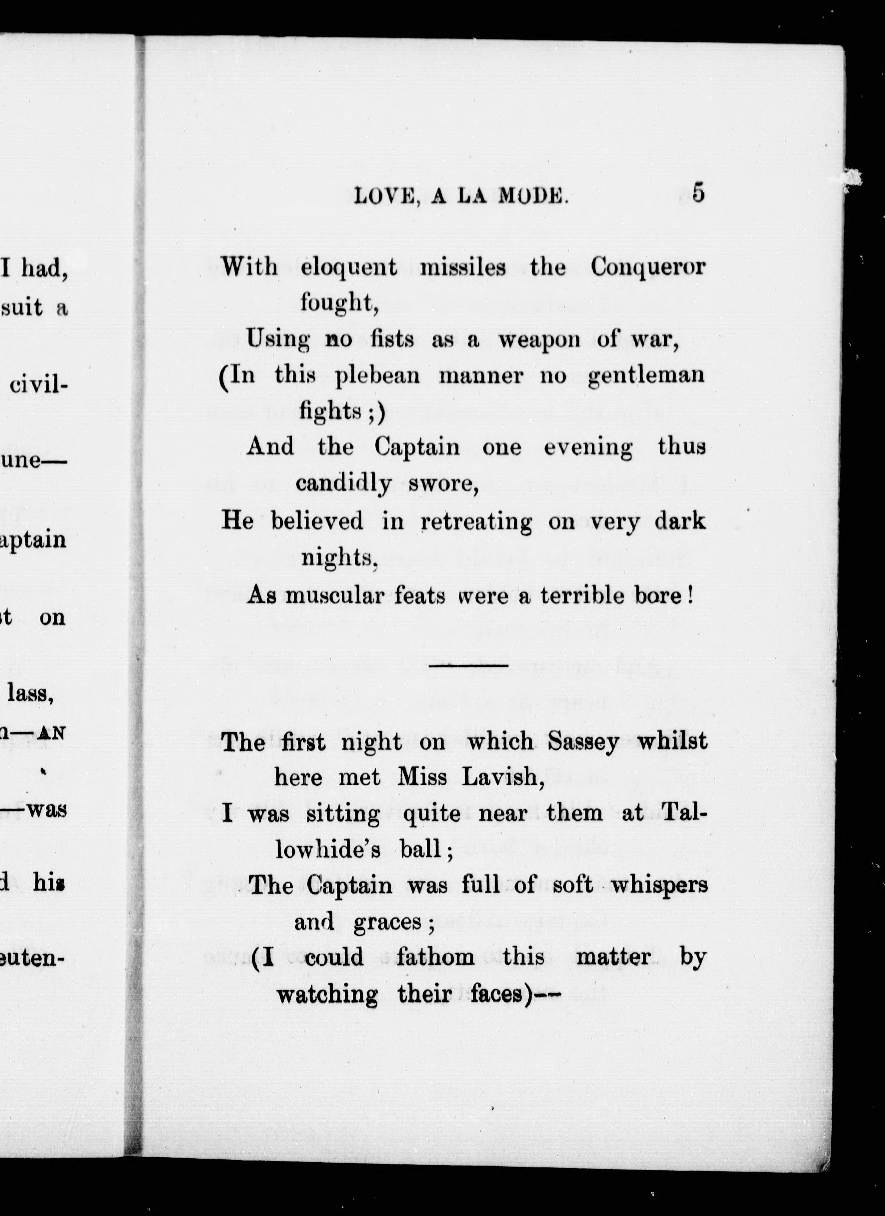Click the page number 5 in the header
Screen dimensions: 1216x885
pyautogui.click(x=698, y=193)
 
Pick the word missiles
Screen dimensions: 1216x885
pyautogui.click(x=462, y=266)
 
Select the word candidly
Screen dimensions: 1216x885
pyautogui.click(x=343, y=483)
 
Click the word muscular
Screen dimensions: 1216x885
pyautogui.click(x=334, y=596)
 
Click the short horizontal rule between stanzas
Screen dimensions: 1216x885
pyautogui.click(x=468, y=666)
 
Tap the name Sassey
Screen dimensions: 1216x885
pyautogui.click(x=583, y=742)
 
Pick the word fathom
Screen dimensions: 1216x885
pyautogui.click(x=435, y=957)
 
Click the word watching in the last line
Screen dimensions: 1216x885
pyautogui.click(x=327, y=995)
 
